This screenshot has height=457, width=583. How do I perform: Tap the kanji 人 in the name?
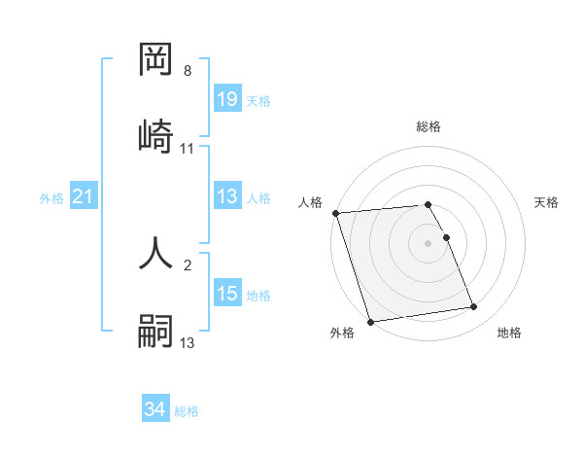[156, 250]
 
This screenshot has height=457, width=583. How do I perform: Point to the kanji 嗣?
[156, 330]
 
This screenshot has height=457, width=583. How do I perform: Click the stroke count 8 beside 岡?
[188, 71]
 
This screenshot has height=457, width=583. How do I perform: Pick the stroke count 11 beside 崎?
[188, 149]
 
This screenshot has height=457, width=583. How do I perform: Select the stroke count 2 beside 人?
[188, 264]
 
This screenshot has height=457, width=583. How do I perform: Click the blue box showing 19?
[227, 99]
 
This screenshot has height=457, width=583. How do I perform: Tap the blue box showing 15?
[227, 294]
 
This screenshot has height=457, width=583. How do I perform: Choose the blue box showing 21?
[84, 197]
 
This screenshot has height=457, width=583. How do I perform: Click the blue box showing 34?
[155, 409]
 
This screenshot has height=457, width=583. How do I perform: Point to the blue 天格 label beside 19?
[258, 100]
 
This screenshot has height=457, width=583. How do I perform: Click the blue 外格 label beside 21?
[51, 198]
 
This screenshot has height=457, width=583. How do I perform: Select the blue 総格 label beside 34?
[187, 411]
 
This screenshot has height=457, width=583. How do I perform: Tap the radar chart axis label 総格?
[428, 126]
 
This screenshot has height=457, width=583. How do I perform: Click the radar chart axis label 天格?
[547, 202]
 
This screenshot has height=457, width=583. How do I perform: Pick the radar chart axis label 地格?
[509, 334]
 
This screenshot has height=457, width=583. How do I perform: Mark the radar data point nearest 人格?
[335, 213]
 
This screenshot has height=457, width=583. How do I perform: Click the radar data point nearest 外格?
[370, 321]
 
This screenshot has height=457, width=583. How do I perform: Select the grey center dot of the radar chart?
[428, 243]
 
